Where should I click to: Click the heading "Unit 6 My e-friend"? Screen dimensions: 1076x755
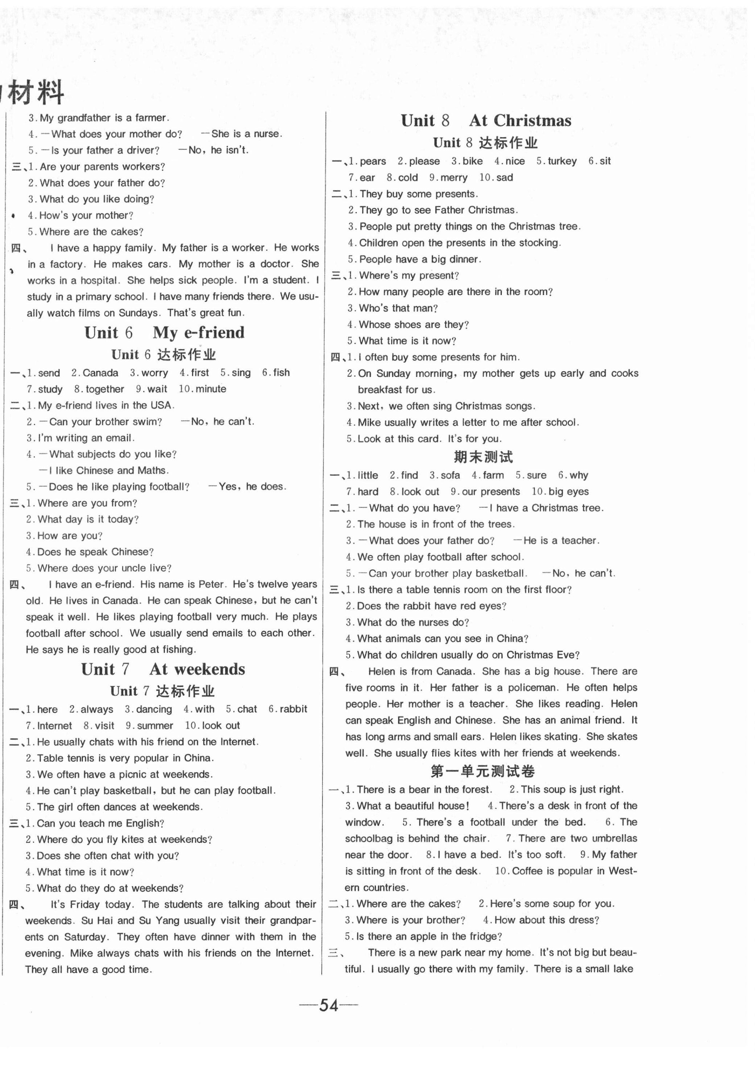[x=164, y=333]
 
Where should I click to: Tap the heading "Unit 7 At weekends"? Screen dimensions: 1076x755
[x=163, y=669]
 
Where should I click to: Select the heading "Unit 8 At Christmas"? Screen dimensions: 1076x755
[x=485, y=121]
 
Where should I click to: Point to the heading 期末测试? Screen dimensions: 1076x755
[x=483, y=457]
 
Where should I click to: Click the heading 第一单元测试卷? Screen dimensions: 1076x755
[x=483, y=771]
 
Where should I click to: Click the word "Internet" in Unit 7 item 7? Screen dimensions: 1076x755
[x=54, y=726]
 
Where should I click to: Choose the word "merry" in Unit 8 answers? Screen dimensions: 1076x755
[x=454, y=178]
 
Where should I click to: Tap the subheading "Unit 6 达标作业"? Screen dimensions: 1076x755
[x=163, y=355]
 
